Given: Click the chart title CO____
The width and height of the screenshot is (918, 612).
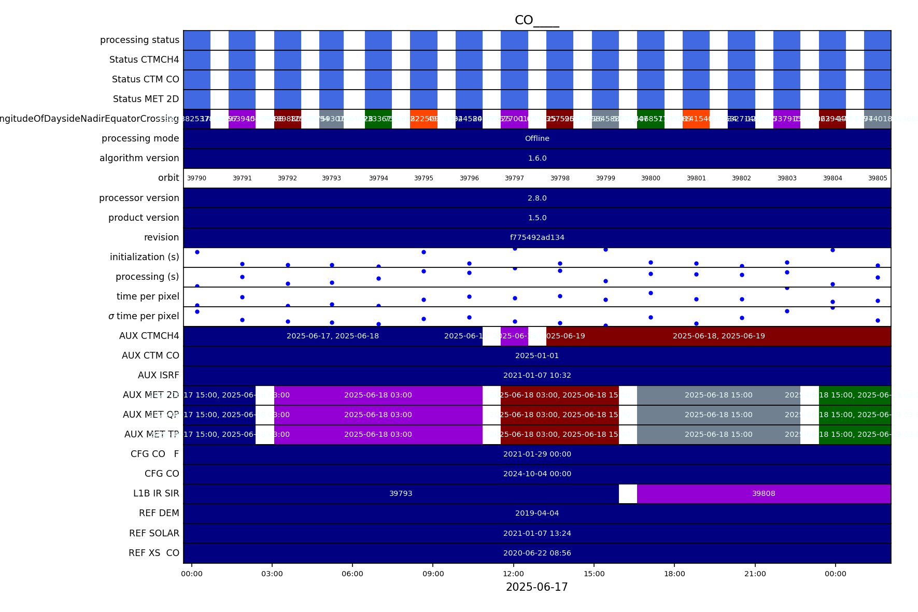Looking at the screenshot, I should coord(536,21).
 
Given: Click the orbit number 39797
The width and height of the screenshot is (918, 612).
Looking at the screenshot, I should coord(514,178).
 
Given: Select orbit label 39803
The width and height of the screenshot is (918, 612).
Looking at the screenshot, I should coord(786,178).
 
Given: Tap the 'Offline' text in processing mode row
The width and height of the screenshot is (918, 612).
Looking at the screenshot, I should coord(537,139).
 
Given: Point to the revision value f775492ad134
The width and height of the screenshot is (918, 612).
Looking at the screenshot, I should coord(537,238).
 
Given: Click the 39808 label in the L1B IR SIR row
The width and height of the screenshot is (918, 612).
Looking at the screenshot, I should coord(764,494).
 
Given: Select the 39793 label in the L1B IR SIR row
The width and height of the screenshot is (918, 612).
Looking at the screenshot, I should coord(401,494).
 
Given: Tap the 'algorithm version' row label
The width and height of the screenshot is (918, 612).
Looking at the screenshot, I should coord(139,159).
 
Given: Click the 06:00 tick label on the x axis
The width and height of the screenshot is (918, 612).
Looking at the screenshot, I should coord(352,574).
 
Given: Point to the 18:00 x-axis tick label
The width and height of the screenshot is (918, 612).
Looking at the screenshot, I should coord(674,574).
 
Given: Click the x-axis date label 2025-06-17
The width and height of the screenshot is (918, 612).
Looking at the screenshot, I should coord(536,588).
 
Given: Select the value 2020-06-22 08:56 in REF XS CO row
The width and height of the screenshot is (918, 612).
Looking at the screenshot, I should coord(537,553).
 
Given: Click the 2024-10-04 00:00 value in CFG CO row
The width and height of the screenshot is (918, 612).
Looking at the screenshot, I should coord(537,474).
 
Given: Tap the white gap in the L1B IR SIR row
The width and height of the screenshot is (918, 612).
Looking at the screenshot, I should coord(628,494).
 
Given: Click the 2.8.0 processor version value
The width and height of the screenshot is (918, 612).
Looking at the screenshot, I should coord(537,198).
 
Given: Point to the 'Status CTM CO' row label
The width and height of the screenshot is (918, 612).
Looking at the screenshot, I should coord(145,80).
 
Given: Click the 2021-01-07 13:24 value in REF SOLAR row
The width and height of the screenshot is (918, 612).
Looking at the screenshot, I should coord(537,534).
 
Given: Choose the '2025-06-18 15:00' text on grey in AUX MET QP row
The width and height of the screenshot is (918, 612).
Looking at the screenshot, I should coord(718,415).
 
